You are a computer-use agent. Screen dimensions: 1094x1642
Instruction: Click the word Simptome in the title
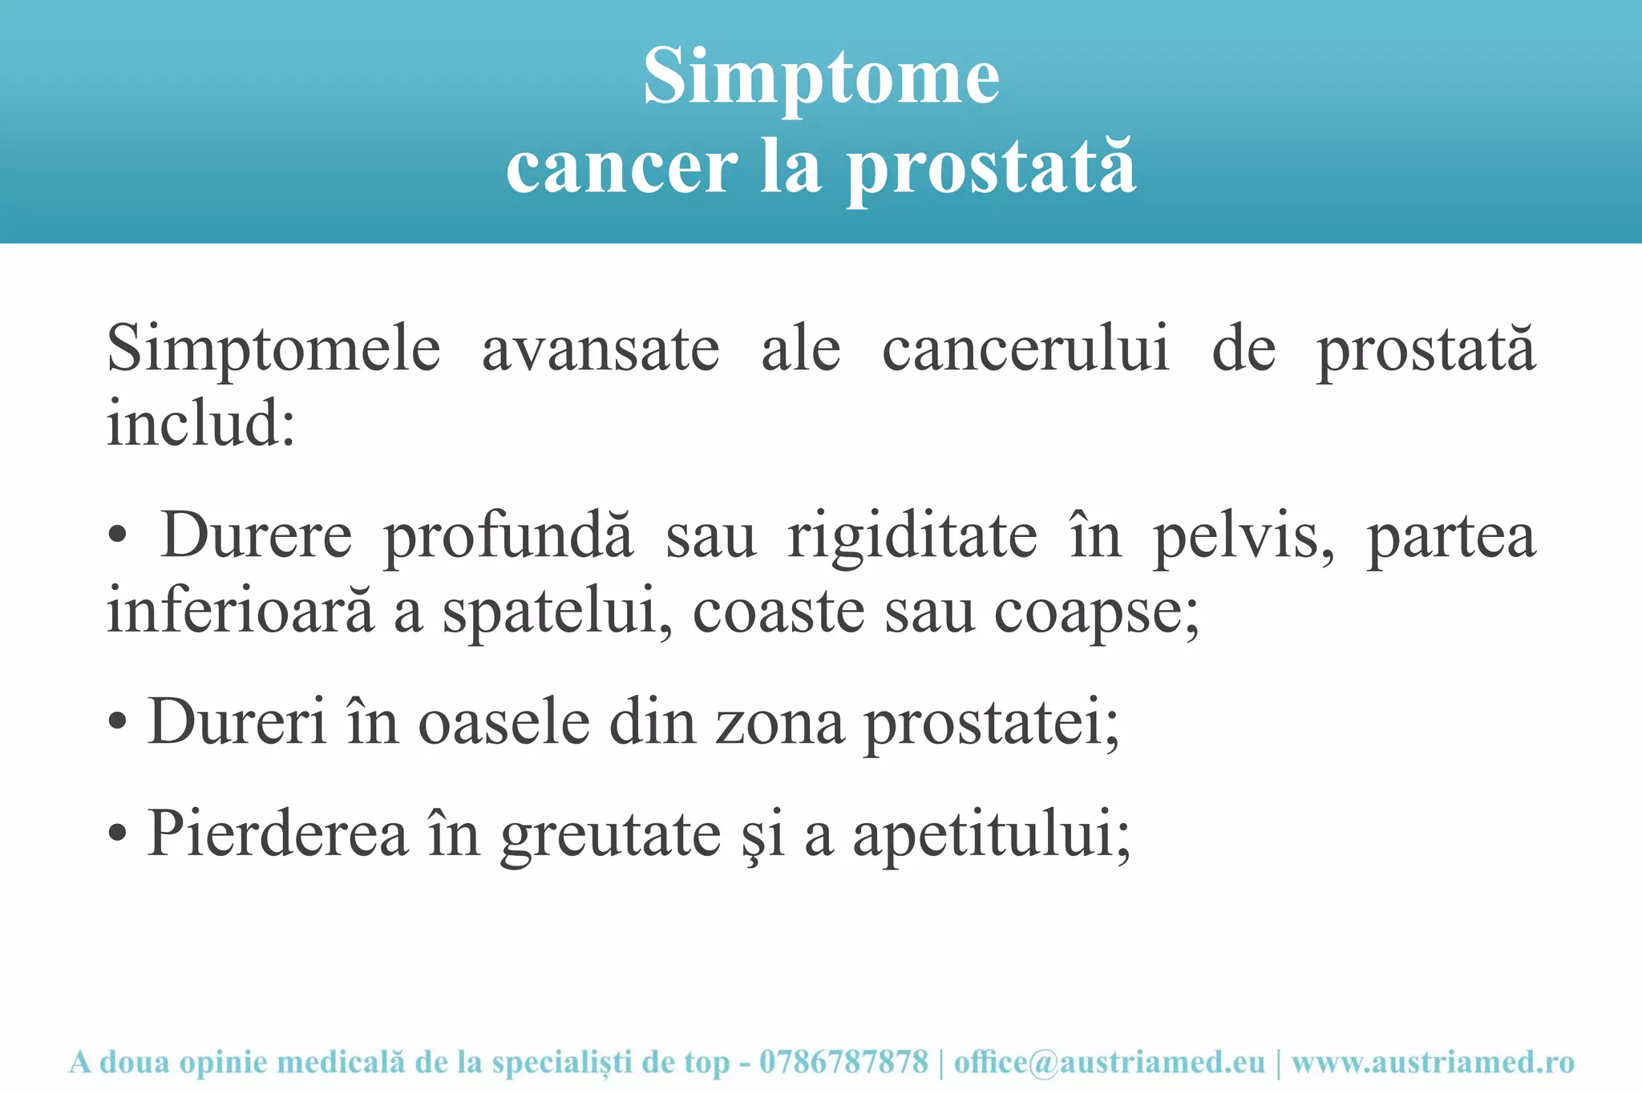pyautogui.click(x=821, y=79)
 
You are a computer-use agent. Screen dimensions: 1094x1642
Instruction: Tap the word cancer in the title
pyautogui.click(x=621, y=168)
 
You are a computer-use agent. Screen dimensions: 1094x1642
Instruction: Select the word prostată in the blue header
pyautogui.click(x=992, y=169)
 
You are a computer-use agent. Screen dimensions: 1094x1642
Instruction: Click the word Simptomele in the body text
pyautogui.click(x=273, y=350)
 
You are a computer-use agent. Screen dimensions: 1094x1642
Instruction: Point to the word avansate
pyautogui.click(x=601, y=350)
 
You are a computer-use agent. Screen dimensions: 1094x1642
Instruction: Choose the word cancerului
pyautogui.click(x=1025, y=350)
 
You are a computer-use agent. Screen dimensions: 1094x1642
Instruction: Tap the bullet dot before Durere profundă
pyautogui.click(x=117, y=538)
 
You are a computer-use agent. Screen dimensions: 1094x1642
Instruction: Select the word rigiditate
pyautogui.click(x=912, y=536)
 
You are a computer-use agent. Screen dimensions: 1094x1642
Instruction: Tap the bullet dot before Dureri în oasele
pyautogui.click(x=117, y=724)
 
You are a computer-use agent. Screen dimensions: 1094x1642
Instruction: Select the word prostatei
pyautogui.click(x=990, y=724)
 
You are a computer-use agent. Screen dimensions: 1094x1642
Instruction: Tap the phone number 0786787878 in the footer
pyautogui.click(x=843, y=1063)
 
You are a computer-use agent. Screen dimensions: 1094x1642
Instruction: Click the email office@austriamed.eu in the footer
pyautogui.click(x=1109, y=1063)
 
